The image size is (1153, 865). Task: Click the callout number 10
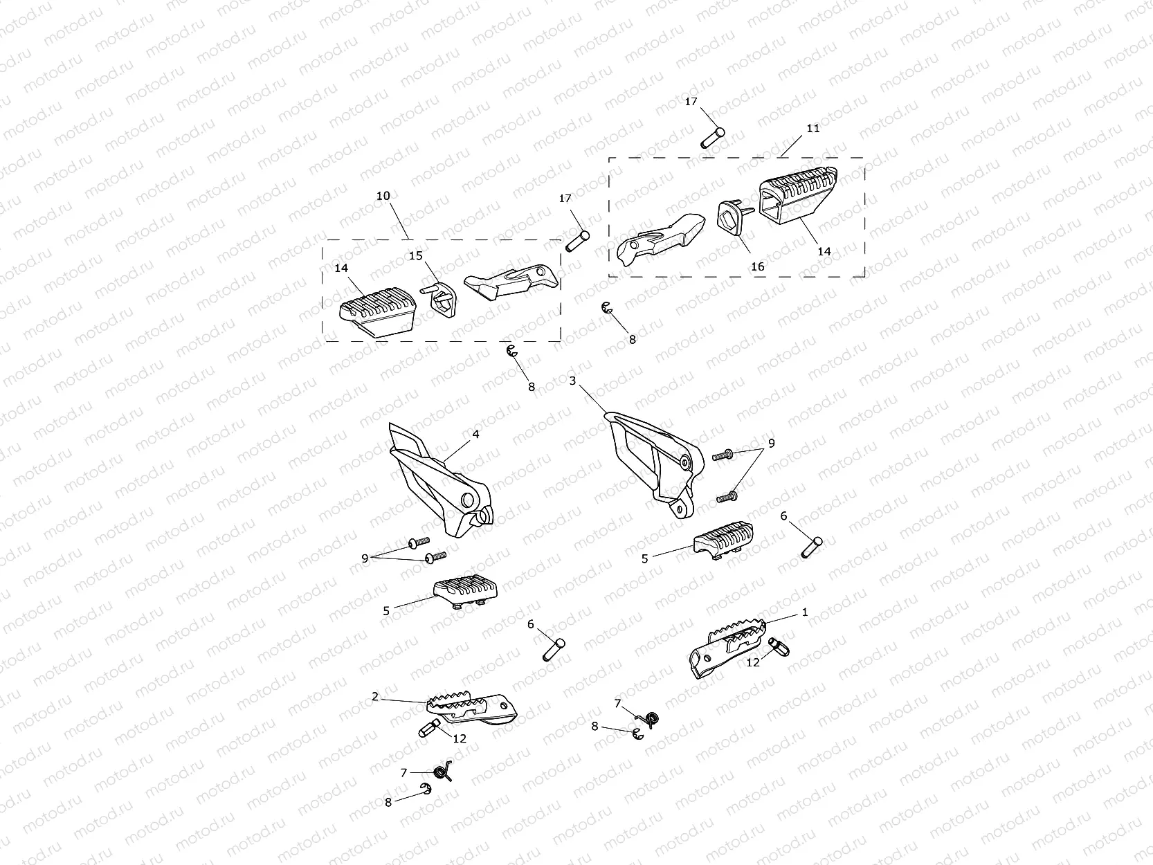[383, 196]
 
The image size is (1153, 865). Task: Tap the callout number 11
[812, 128]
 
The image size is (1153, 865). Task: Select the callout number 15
[415, 256]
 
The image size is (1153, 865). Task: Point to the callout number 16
[757, 267]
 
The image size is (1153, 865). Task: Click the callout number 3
[572, 381]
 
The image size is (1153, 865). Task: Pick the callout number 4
[475, 435]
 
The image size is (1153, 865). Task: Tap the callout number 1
[804, 612]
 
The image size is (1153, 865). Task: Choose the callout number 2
[374, 697]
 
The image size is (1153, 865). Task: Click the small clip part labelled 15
[439, 299]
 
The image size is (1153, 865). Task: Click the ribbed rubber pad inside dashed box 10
[378, 311]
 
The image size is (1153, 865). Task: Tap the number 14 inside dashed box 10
[341, 268]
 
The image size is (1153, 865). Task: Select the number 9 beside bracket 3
[771, 444]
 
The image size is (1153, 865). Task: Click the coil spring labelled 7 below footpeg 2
[443, 772]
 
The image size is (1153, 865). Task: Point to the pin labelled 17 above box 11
[713, 138]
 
